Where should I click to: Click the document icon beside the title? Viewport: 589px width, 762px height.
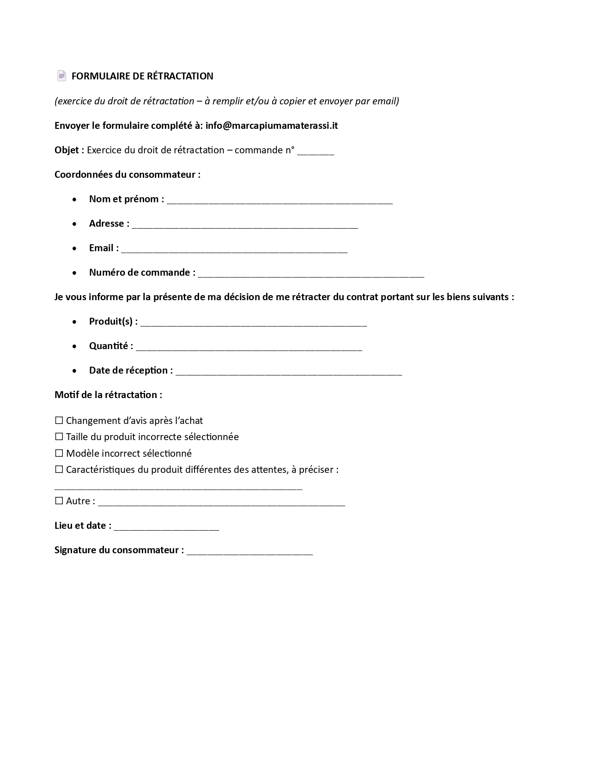61,76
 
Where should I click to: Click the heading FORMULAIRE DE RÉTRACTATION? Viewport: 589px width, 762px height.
142,76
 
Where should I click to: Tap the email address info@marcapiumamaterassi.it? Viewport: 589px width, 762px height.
272,126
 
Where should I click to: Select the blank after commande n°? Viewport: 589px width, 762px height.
315,151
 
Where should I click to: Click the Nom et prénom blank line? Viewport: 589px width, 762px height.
279,200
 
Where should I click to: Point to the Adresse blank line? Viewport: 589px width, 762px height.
245,225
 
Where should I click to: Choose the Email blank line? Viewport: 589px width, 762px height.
234,249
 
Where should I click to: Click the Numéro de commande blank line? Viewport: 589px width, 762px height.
311,274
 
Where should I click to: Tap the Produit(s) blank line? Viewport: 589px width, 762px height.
254,323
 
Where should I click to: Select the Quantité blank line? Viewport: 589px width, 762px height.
249,347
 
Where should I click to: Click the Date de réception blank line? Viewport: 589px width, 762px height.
289,372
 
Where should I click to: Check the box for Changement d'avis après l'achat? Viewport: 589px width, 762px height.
59,421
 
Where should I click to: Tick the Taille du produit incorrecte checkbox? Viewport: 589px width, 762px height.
59,437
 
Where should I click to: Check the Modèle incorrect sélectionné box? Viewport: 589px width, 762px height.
59,454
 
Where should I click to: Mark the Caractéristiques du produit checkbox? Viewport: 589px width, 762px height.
59,470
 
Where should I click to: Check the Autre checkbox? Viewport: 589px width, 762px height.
59,501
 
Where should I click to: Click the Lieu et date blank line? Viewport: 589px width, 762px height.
166,527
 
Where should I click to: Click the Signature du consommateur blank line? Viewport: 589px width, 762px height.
249,551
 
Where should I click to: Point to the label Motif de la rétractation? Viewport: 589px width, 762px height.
108,395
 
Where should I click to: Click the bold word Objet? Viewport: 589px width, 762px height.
67,150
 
